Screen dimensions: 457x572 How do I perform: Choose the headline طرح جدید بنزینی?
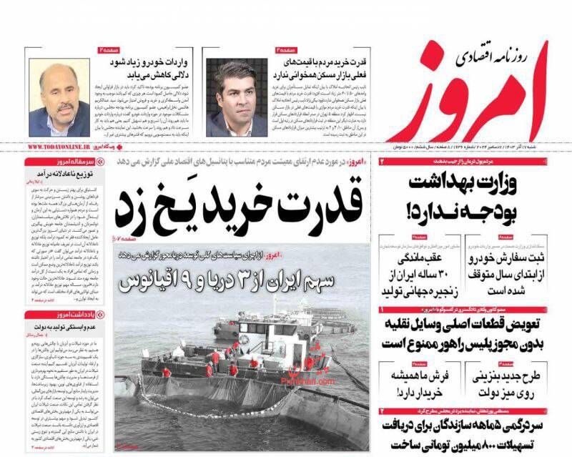[x=512, y=383]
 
